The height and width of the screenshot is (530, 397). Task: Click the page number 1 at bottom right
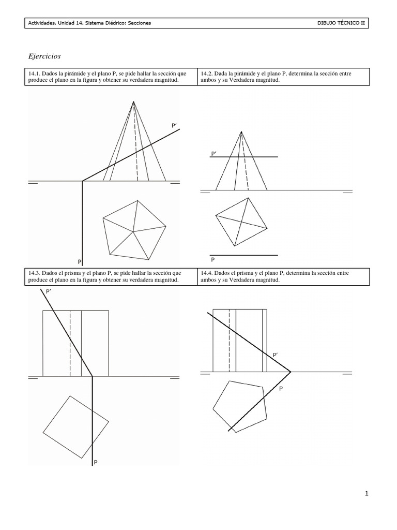point(367,494)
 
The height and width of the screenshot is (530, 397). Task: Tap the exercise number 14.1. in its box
point(34,73)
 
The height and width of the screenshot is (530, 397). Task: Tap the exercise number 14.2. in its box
point(208,73)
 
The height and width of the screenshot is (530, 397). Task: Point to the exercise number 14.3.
point(34,272)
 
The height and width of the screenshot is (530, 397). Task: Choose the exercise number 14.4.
point(208,272)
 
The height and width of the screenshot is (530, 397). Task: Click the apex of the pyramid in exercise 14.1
point(134,101)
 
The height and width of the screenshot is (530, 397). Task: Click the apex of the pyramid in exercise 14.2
point(241,132)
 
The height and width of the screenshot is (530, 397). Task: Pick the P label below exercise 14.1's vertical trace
point(80,262)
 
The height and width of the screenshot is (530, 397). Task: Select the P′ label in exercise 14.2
point(213,154)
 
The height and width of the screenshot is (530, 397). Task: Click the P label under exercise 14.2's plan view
point(212,260)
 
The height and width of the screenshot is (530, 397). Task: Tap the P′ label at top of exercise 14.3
point(49,292)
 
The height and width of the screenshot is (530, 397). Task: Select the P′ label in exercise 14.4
point(276,355)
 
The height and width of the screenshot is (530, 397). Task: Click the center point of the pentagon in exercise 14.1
point(133,230)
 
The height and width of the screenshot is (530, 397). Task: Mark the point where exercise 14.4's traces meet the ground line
point(291,372)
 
